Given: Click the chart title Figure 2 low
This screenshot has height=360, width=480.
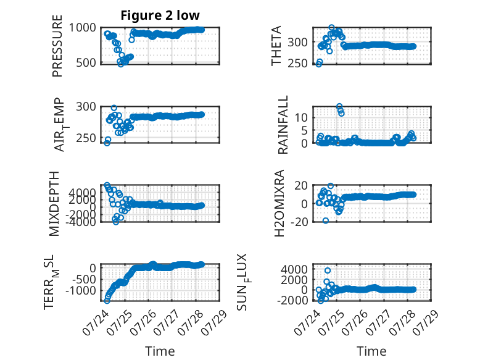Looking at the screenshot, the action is coord(160,15).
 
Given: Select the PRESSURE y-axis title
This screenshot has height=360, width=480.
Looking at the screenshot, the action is coord(57,46).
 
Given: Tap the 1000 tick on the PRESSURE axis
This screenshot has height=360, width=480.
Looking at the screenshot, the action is coord(82,28).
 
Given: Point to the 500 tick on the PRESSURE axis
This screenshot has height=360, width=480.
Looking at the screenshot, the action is coord(86,62).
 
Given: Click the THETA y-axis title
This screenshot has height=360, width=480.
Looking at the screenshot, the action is coord(276,46).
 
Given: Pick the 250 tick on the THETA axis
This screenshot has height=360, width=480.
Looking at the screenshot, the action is coord(297,63).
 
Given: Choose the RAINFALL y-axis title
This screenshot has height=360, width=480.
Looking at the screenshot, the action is coord(283,124).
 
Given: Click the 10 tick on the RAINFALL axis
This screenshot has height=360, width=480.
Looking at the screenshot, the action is coord(301,117).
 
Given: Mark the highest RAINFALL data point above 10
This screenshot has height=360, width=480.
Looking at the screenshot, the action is coord(339,107).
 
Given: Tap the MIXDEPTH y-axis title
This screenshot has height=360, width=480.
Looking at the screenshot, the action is coord(54,204).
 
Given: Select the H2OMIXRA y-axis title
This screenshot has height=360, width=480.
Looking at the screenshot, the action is coord(279,203).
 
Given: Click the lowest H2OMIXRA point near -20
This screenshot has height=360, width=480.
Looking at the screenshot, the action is coord(326,220).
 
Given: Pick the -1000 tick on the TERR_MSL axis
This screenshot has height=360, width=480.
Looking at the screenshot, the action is coord(80,290).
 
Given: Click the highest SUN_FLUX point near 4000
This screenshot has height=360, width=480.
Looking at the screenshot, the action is coord(328,270).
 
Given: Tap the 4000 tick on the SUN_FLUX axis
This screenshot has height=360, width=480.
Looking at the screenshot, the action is coord(294,270).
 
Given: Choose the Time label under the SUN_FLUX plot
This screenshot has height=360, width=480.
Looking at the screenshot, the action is coord(371,351).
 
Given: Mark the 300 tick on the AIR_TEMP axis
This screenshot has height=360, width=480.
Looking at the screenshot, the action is coord(86,107).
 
